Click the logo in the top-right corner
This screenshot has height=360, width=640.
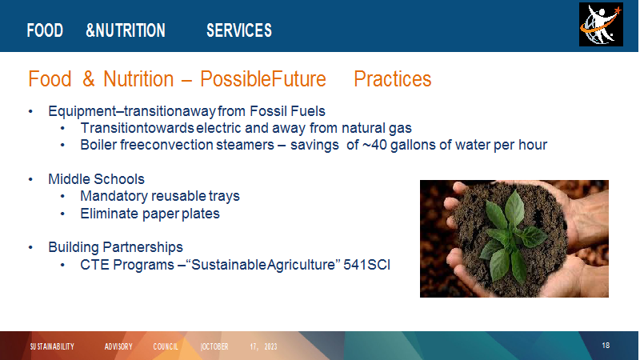[601, 25]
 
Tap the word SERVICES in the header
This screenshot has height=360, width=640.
[239, 30]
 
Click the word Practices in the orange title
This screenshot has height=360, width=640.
[393, 78]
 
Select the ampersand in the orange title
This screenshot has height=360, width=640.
[89, 78]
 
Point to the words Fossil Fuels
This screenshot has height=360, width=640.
[287, 111]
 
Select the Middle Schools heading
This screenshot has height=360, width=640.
[96, 179]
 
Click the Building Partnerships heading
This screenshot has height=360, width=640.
[115, 247]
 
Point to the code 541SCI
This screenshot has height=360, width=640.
[366, 265]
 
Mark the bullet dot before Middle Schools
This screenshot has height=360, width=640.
[30, 179]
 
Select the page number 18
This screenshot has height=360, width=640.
[606, 346]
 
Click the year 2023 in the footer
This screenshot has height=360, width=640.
[270, 346]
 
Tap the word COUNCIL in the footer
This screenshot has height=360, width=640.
[166, 346]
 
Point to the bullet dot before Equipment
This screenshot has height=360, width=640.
[30, 111]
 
